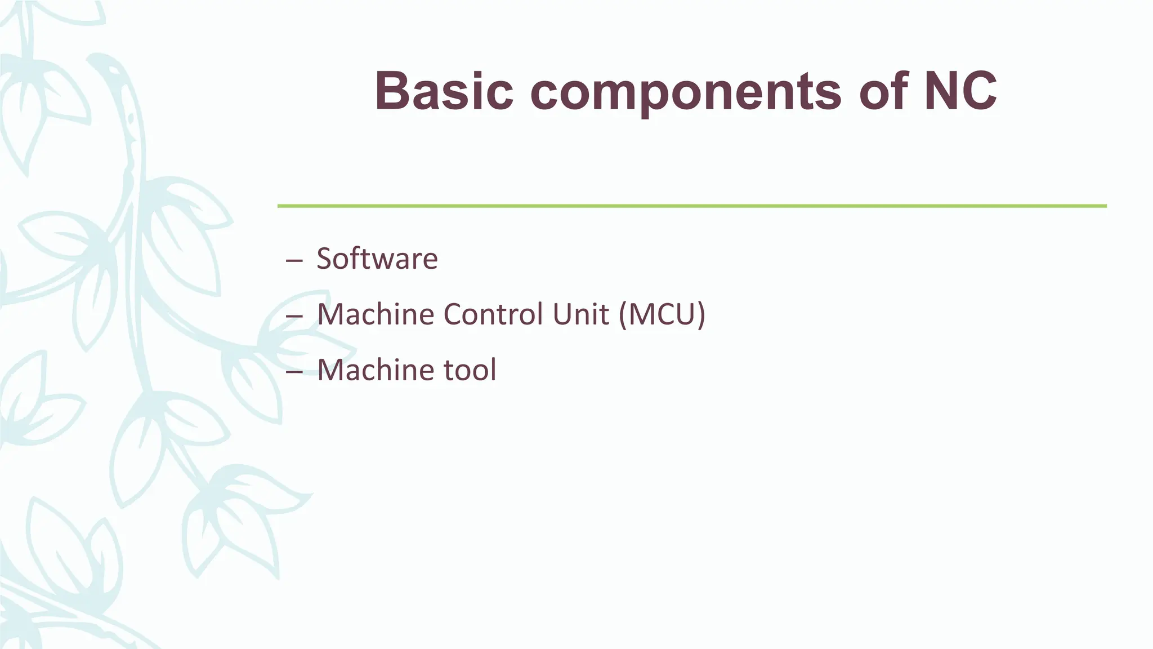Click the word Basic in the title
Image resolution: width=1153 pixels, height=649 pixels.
(x=444, y=91)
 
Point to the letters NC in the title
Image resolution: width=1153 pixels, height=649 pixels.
(x=960, y=91)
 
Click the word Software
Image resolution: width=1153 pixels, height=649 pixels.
(x=377, y=259)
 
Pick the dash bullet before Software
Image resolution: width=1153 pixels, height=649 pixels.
(x=294, y=261)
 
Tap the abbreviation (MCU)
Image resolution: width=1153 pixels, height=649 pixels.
(x=662, y=314)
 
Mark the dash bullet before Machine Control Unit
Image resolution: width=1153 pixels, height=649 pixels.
(x=294, y=316)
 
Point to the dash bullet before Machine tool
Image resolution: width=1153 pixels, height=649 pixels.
(x=294, y=372)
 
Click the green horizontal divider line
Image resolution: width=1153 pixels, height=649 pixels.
(x=691, y=206)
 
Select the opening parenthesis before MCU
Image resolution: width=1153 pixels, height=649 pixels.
(x=623, y=314)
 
